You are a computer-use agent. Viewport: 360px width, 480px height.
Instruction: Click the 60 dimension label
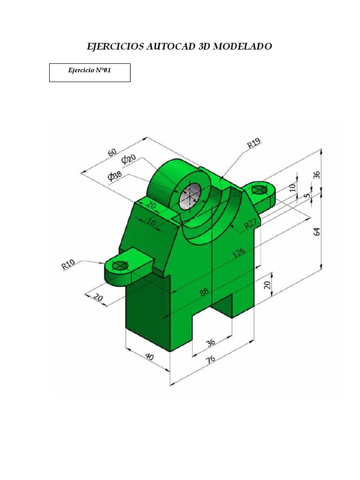pyautogui.click(x=112, y=153)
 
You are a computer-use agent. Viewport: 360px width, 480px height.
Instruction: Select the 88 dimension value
pyautogui.click(x=204, y=292)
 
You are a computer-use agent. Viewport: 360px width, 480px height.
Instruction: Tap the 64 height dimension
pyautogui.click(x=317, y=231)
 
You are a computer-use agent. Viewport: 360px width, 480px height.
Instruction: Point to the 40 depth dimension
pyautogui.click(x=149, y=357)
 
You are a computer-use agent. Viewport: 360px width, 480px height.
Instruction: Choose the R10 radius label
pyautogui.click(x=68, y=264)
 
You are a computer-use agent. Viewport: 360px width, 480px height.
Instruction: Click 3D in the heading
pyautogui.click(x=208, y=47)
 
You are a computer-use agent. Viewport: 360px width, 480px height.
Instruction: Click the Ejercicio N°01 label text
pyautogui.click(x=90, y=71)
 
